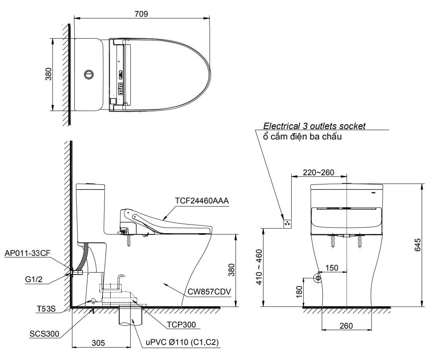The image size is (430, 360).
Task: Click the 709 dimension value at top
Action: click(141, 14)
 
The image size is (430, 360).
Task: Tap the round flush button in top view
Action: click(89, 74)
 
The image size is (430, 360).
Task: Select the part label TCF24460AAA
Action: click(202, 201)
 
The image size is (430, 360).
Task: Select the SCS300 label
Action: click(45, 334)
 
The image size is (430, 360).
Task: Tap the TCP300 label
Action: click(181, 325)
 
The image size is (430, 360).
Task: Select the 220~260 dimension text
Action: click(318, 172)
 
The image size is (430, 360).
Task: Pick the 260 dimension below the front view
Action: click(346, 326)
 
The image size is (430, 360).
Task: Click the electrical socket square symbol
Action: click(287, 224)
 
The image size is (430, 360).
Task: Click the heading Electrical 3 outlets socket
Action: click(314, 126)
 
